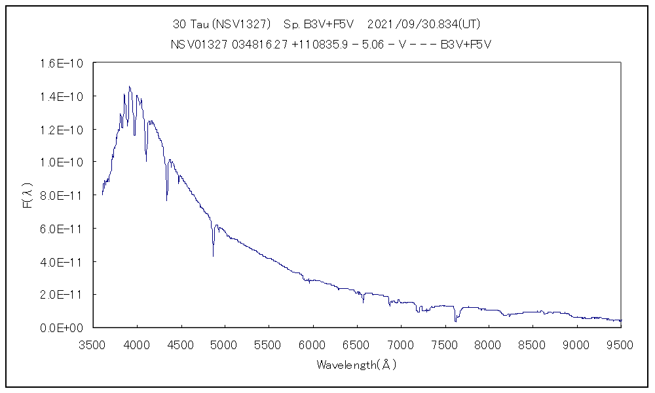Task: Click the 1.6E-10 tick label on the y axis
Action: [73, 64]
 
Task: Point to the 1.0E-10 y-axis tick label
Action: [73, 162]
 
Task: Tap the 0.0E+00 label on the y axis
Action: [72, 327]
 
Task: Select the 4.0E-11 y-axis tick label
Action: [73, 261]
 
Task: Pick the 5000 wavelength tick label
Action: [225, 345]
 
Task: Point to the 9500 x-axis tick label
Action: [620, 345]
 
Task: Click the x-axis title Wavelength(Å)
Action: [357, 365]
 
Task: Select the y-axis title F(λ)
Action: [28, 195]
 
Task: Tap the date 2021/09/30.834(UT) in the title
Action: [424, 24]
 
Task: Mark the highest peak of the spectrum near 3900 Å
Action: [129, 86]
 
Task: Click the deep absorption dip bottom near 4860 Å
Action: [213, 255]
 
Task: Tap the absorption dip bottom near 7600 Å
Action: [455, 322]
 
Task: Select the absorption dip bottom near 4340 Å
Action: [166, 200]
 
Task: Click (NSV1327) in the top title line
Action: [247, 24]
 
